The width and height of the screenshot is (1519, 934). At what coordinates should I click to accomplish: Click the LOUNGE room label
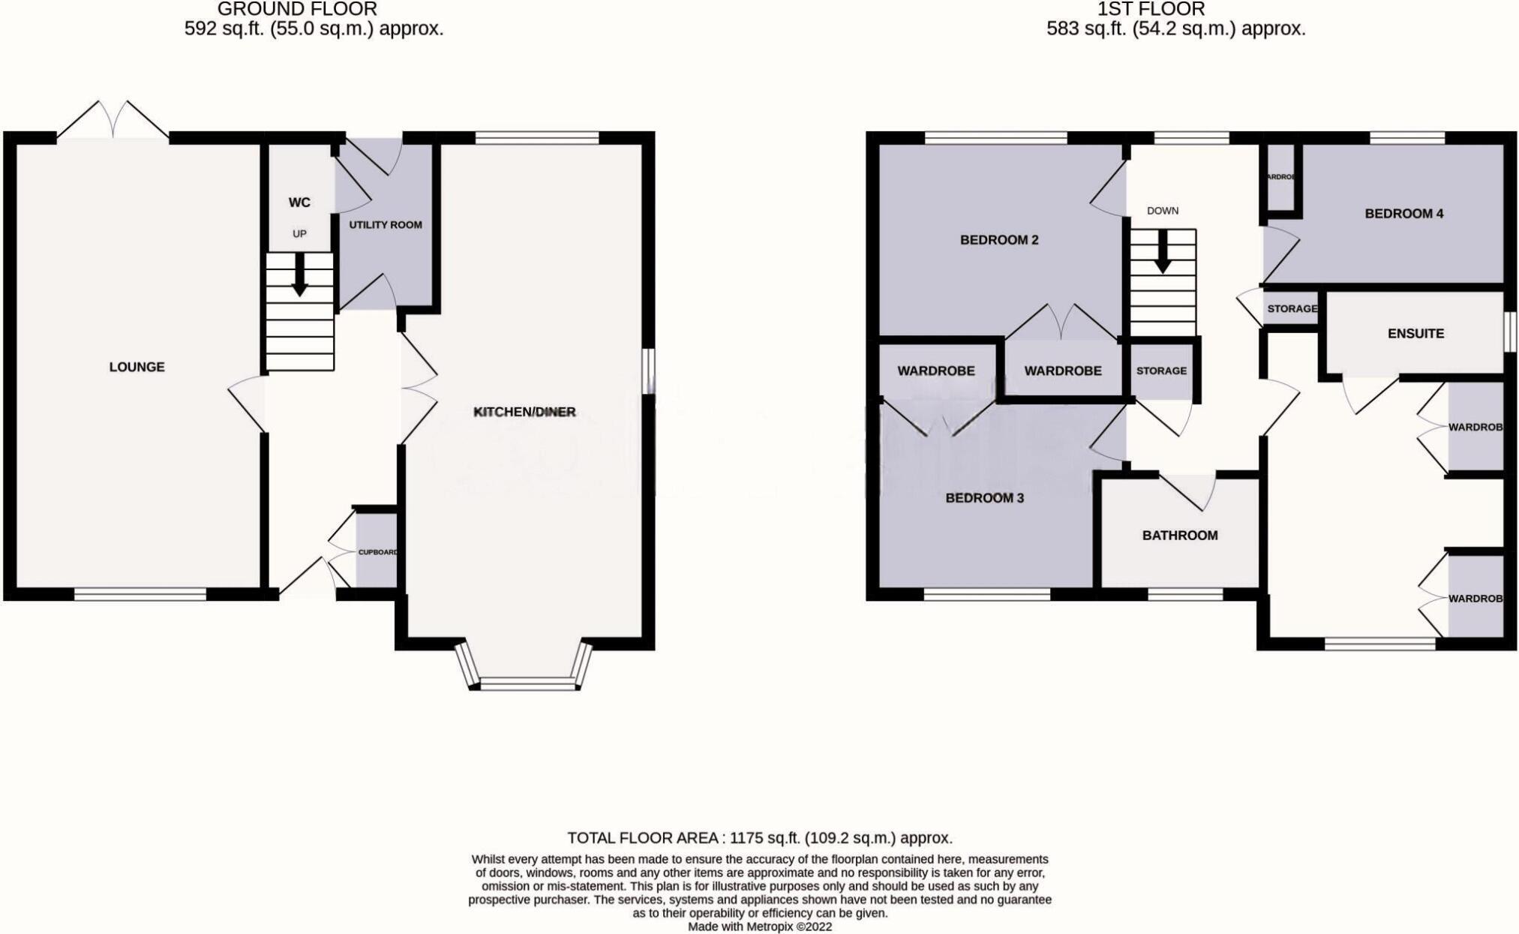point(137,367)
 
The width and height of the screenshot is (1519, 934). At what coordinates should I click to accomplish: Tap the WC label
point(299,203)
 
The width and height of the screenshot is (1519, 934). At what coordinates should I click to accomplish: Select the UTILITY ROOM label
point(385,224)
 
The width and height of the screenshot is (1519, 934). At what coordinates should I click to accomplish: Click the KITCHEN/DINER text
point(524,412)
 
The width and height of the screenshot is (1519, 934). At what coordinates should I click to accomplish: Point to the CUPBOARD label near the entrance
point(377,552)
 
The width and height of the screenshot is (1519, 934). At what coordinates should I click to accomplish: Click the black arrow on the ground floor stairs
point(299,275)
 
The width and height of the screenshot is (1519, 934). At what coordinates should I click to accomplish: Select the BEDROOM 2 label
point(999,240)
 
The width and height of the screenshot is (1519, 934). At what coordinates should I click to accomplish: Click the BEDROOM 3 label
point(984,498)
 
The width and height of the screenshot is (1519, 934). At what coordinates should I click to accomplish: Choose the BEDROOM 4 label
point(1403,214)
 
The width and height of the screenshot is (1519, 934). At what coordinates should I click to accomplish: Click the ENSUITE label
point(1415,334)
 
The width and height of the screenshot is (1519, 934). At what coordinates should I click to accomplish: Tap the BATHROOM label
point(1180,536)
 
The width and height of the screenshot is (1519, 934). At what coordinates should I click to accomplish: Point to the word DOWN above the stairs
point(1163,211)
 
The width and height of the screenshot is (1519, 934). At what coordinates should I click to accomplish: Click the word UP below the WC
point(299,234)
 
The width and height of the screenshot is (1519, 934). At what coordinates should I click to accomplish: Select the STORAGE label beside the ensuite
point(1292,309)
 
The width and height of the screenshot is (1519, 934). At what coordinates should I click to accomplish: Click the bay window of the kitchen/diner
point(524,683)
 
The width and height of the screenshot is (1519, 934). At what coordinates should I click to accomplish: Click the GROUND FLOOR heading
point(297,10)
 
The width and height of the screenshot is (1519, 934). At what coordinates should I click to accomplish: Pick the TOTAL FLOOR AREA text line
point(759,838)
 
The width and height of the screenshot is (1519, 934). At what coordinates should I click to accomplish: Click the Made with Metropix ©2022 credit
point(759,926)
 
